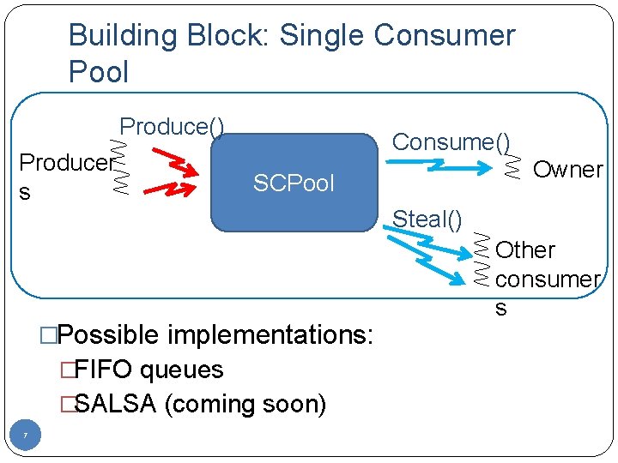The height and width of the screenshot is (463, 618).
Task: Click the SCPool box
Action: click(294, 182)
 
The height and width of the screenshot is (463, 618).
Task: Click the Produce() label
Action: click(172, 127)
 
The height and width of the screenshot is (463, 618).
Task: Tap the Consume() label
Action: click(451, 141)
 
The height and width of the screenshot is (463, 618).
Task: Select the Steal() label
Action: click(427, 219)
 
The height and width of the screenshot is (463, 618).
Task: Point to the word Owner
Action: click(567, 169)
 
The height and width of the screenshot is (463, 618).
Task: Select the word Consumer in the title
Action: click(444, 36)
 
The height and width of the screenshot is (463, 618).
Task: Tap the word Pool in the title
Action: click(98, 72)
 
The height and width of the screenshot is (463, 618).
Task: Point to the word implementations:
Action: click(270, 334)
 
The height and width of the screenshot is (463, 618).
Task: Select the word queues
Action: click(181, 370)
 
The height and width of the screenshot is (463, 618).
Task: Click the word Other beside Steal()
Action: click(525, 250)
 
